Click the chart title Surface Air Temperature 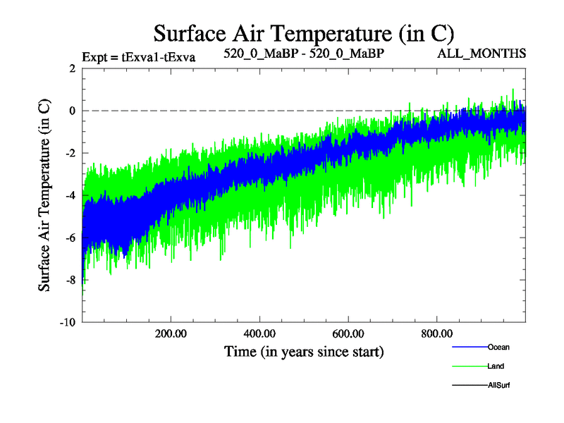(303, 33)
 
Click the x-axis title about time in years (304, 350)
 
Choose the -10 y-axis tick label (68, 322)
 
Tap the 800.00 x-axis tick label (437, 333)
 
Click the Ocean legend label (498, 347)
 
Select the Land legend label (496, 366)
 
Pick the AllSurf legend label (498, 385)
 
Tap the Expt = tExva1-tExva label (138, 56)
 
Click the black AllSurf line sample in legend (469, 385)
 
